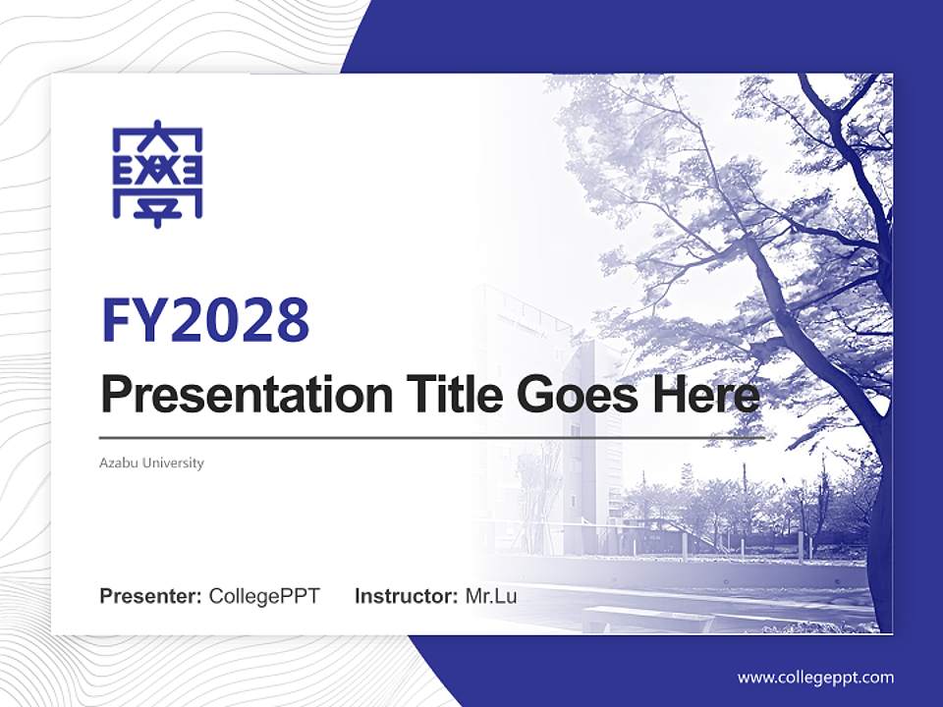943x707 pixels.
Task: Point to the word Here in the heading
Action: point(707,394)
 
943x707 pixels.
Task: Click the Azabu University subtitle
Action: point(152,462)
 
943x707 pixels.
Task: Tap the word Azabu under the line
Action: point(119,462)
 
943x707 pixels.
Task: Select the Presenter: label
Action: point(151,596)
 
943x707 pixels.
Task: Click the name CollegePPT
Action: point(264,596)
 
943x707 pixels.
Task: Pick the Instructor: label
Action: point(406,596)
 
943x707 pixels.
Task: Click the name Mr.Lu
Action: point(490,596)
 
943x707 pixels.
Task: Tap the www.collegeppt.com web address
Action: point(815,677)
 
